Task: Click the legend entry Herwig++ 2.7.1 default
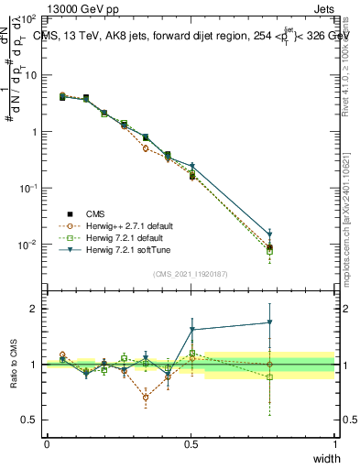click(x=125, y=225)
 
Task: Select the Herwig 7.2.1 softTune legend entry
click(x=125, y=251)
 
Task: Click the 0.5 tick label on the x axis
click(x=191, y=443)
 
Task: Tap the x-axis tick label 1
click(x=335, y=443)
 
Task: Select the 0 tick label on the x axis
click(x=47, y=443)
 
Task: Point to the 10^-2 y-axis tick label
click(x=28, y=245)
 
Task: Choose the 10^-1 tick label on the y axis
click(x=28, y=188)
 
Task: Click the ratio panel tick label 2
click(x=34, y=309)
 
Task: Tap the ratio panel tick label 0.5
click(x=30, y=420)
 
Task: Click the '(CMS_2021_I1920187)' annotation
click(x=191, y=273)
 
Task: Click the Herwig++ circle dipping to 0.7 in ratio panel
click(x=146, y=397)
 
